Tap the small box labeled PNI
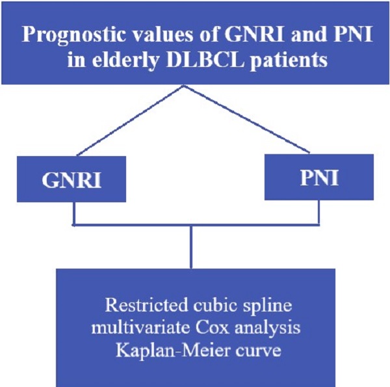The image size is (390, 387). [x=318, y=177]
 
